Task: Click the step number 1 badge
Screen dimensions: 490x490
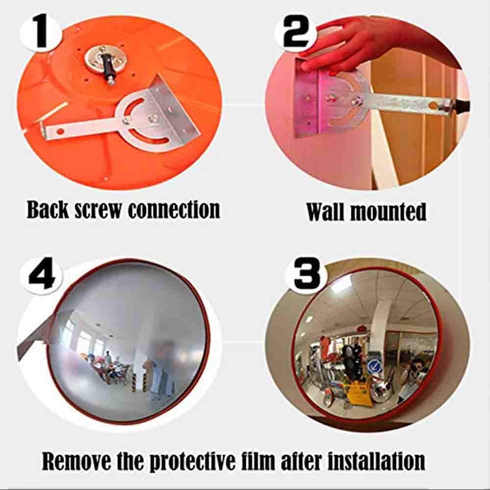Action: [41, 30]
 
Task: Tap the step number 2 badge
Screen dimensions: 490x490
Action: [296, 30]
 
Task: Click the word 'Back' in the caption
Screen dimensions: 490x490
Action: [48, 209]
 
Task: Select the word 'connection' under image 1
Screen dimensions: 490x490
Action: [174, 209]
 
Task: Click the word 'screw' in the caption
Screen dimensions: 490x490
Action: [98, 210]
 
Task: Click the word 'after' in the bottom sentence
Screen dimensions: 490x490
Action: [311, 461]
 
